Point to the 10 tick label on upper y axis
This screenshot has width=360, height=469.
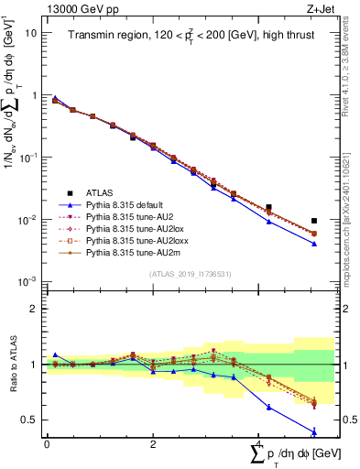click(30, 32)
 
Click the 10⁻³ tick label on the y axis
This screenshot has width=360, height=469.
click(26, 281)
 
